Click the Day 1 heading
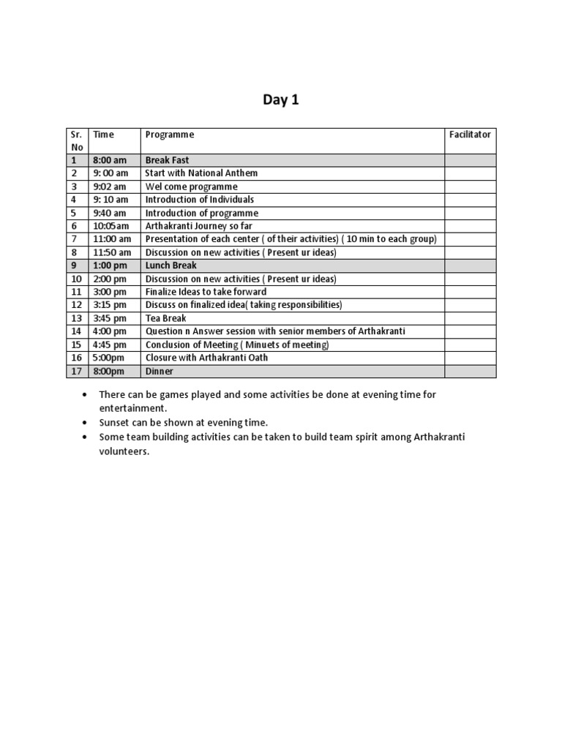click(281, 101)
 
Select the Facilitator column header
click(470, 135)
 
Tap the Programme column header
click(170, 135)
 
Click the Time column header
click(104, 135)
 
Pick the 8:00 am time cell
click(110, 160)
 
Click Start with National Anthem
click(201, 173)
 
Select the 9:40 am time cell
click(110, 213)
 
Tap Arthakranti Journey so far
click(198, 226)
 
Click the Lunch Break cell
click(171, 266)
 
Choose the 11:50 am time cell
click(113, 252)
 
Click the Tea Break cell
click(166, 318)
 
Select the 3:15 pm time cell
click(110, 305)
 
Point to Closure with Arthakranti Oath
click(207, 358)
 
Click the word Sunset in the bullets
click(113, 423)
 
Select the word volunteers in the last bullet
click(124, 451)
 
